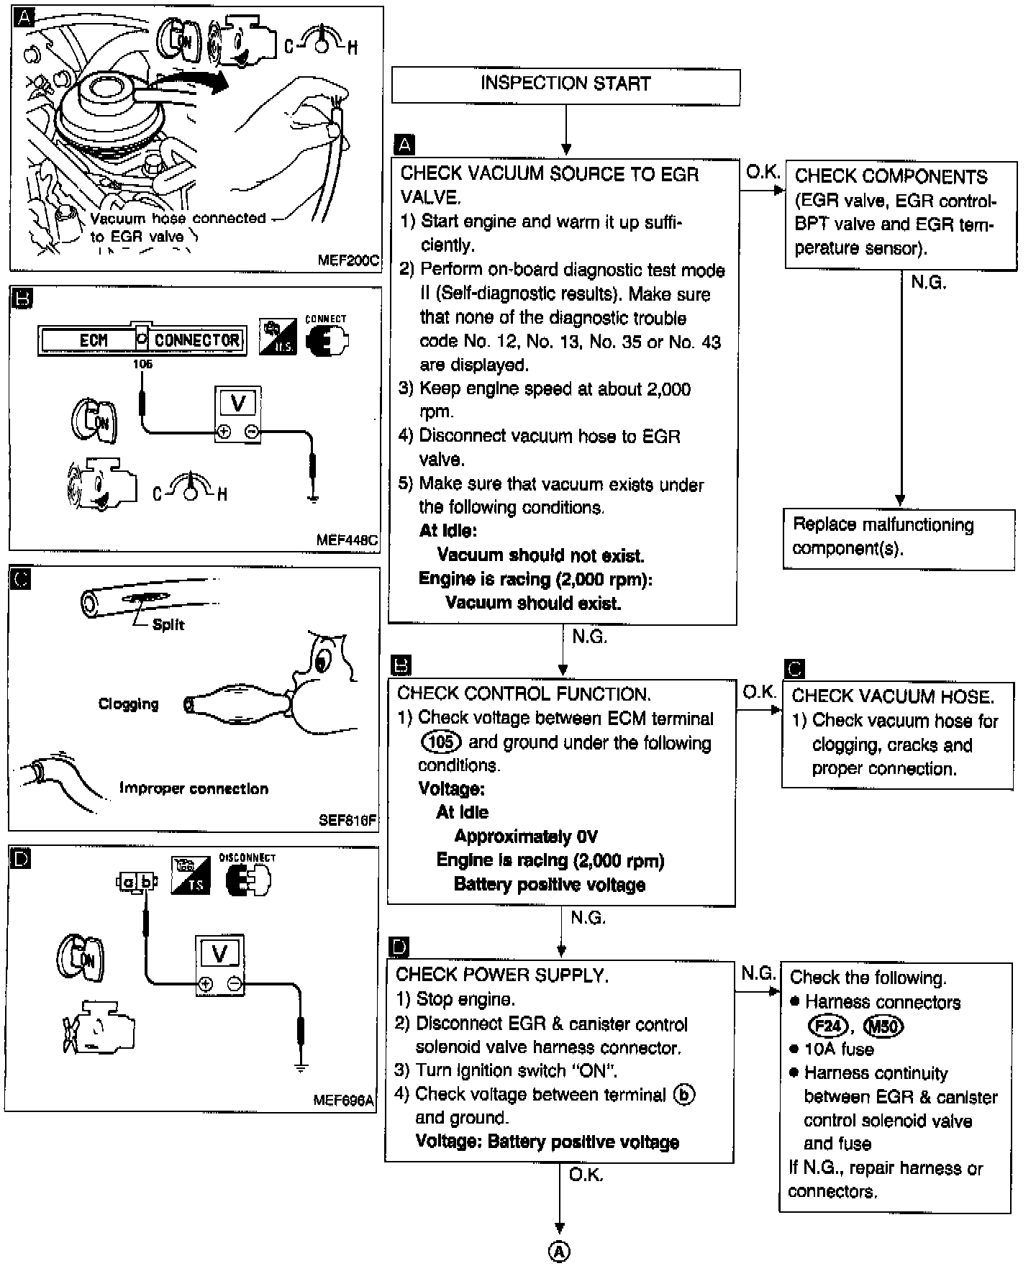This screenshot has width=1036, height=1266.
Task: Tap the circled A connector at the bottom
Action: (559, 1252)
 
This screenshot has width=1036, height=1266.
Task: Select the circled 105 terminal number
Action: (440, 742)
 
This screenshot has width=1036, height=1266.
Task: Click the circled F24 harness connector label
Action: (827, 1026)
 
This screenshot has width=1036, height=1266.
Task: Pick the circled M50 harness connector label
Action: (883, 1026)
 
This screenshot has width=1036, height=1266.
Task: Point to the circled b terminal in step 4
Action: (683, 1095)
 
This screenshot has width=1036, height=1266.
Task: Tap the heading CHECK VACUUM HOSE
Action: (893, 696)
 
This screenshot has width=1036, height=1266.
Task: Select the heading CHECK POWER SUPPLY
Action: (502, 975)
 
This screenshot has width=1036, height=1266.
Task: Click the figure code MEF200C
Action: (348, 260)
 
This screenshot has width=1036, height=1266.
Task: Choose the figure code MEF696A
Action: (344, 1101)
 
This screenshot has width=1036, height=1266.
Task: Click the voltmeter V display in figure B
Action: (238, 403)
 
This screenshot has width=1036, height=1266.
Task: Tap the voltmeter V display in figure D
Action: (220, 954)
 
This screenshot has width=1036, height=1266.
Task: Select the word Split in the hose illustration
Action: (168, 624)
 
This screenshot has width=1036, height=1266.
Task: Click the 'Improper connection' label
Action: (194, 788)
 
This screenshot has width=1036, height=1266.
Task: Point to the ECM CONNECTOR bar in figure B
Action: (142, 340)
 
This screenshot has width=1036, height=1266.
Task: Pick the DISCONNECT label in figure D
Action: (247, 857)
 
